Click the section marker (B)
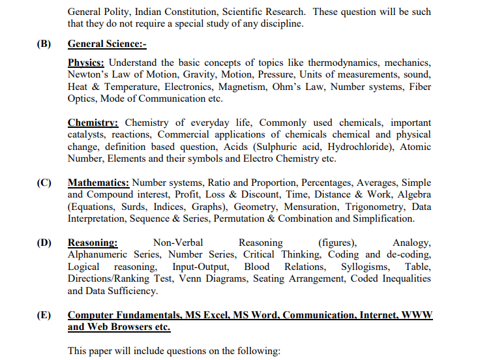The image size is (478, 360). [44, 44]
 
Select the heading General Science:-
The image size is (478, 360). [107, 44]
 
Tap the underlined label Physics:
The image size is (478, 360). [86, 63]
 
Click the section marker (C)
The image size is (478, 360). [44, 183]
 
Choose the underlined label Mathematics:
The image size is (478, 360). [98, 183]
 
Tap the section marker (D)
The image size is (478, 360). [44, 243]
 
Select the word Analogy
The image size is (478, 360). [411, 243]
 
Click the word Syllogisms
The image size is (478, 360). [365, 267]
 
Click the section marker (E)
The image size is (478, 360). [44, 315]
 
